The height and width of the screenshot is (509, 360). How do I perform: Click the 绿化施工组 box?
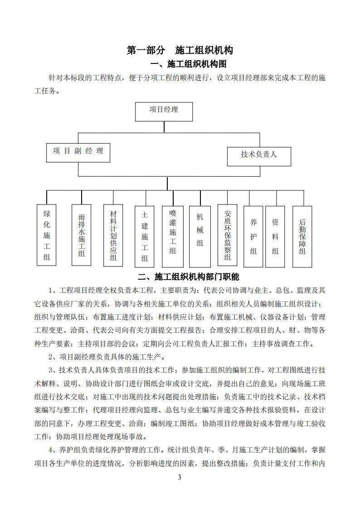[x=47, y=235]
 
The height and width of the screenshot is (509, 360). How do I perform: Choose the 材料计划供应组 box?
[x=113, y=234]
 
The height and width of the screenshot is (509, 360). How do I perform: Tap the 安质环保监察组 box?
[x=227, y=234]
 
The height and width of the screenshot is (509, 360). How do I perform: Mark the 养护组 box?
[x=253, y=236]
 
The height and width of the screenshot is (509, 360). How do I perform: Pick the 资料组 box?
[x=275, y=236]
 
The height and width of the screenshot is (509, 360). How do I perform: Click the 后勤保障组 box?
[x=302, y=236]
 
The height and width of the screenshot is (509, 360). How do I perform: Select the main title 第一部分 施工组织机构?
[x=180, y=50]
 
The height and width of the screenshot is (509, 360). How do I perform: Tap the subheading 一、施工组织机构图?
[x=190, y=63]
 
